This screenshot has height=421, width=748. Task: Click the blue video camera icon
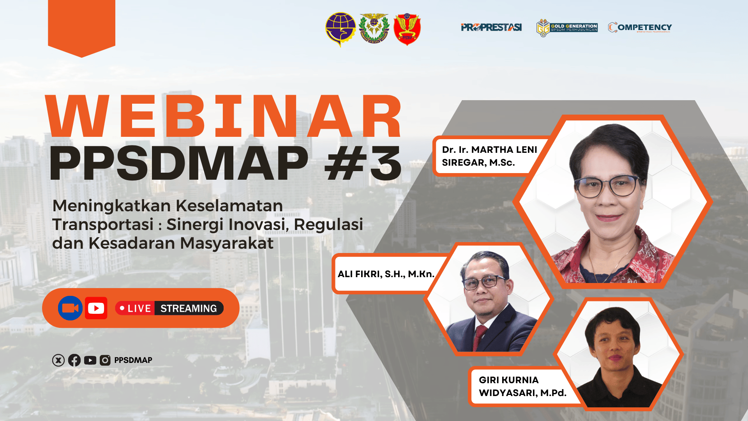click(70, 308)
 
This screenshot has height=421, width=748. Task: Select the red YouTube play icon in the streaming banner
click(96, 308)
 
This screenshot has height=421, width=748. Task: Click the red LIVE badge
click(135, 308)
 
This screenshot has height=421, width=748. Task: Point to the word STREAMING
click(189, 308)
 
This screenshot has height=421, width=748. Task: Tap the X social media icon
click(58, 360)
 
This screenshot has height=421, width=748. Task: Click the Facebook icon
click(74, 360)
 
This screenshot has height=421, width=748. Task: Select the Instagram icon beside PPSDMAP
click(105, 360)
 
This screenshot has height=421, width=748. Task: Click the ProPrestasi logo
click(491, 27)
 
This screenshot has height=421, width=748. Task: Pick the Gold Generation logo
click(567, 28)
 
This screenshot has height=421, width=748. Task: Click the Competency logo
click(640, 27)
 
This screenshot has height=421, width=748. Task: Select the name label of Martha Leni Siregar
click(489, 156)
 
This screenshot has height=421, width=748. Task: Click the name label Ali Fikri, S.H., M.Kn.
click(386, 274)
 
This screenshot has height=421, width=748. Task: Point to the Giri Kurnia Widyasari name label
click(522, 386)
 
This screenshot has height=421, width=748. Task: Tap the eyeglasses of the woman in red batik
click(608, 187)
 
